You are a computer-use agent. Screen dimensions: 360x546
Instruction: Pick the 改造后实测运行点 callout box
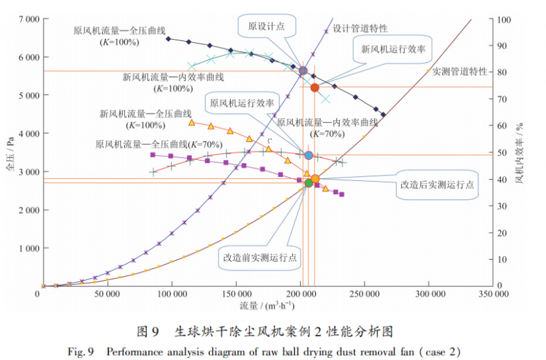[437, 185]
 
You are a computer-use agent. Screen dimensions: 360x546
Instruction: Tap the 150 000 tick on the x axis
[236, 294]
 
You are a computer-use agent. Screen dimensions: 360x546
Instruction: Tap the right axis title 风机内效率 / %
[520, 153]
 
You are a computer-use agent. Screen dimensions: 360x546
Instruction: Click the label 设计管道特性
[360, 29]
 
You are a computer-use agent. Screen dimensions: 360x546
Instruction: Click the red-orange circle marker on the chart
[315, 87]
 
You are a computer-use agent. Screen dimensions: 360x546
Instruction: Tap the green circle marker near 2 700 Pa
[308, 182]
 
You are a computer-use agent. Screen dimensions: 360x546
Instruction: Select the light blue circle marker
[308, 156]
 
